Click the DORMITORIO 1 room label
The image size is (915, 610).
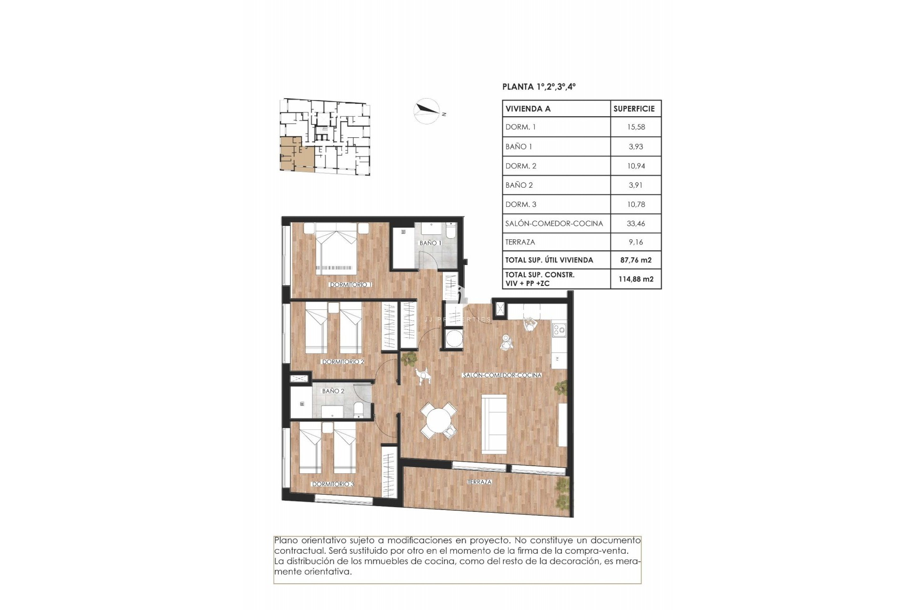click(x=350, y=285)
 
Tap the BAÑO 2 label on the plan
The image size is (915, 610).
click(x=333, y=391)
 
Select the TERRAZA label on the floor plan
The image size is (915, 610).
click(x=479, y=482)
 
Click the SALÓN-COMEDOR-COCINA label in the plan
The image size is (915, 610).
click(x=502, y=375)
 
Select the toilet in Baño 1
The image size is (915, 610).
click(x=450, y=231)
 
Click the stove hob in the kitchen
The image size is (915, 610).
click(x=559, y=328)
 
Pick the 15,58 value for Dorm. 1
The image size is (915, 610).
click(x=636, y=127)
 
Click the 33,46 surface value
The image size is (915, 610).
click(x=636, y=224)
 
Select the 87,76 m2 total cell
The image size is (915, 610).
click(x=636, y=260)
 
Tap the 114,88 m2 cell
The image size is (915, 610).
click(x=636, y=279)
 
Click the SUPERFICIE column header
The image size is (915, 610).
click(x=634, y=109)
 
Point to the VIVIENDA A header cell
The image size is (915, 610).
click(x=528, y=109)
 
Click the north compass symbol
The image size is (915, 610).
click(x=427, y=111)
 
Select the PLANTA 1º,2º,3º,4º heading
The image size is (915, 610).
click(x=539, y=87)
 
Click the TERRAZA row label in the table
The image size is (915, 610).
click(x=520, y=242)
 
